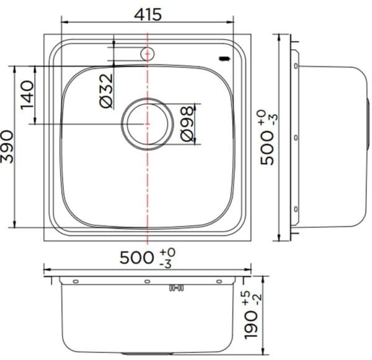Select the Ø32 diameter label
click(x=107, y=90)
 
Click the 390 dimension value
click(x=7, y=147)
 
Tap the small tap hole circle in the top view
click(x=147, y=54)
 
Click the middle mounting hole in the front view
click(x=147, y=282)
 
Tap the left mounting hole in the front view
click(x=76, y=282)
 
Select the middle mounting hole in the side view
click(x=296, y=136)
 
